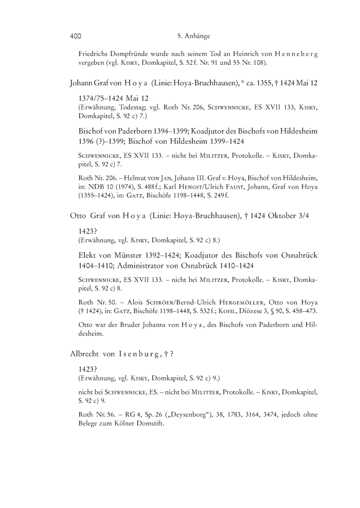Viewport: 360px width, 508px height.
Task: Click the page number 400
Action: pos(76,37)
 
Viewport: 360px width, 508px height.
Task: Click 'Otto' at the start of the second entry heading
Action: pos(77,217)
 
